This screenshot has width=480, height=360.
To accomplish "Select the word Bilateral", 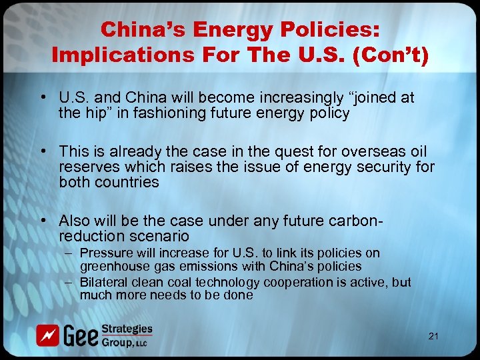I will [103, 282].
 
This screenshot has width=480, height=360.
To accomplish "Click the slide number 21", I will [433, 336].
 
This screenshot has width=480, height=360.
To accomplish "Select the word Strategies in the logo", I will [127, 329].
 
